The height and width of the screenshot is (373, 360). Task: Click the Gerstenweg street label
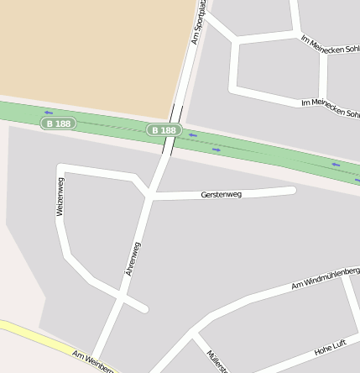point(222,194)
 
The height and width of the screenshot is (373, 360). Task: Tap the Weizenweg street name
point(60,197)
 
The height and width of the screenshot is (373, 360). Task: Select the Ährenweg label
point(133,259)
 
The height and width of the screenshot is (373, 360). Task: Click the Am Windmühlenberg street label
point(326,278)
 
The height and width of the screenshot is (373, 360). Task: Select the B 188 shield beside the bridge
point(164,130)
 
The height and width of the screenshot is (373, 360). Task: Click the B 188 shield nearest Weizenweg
point(59,123)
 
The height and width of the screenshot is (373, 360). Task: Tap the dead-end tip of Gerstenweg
point(292,190)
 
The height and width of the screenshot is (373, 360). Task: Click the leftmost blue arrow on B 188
point(48,113)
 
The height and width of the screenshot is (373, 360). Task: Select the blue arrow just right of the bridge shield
point(193,134)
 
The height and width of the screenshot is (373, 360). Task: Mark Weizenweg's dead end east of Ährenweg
point(144,308)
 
